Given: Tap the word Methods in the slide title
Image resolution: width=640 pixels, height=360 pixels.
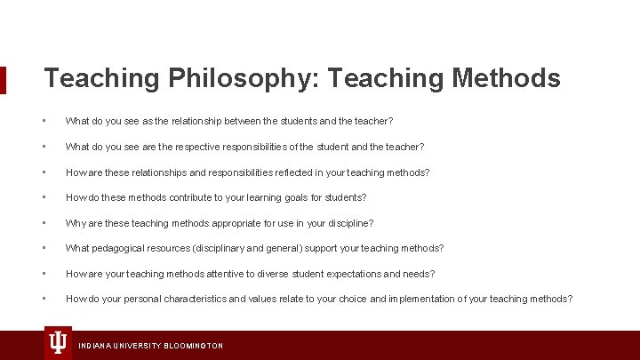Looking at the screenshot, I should tap(507, 78).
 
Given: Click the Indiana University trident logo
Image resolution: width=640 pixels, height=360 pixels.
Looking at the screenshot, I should tap(58, 342).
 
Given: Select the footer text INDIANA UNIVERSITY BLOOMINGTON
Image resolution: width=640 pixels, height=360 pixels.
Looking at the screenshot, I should tap(151, 345).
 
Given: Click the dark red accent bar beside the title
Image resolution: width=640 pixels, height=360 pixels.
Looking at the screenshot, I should tap(3, 79).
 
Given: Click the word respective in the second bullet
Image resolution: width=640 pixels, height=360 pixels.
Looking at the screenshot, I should tap(203, 146).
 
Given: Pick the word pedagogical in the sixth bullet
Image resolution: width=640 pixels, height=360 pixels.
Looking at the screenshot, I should tap(124, 248).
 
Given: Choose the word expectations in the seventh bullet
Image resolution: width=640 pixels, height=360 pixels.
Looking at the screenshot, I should tap(344, 274).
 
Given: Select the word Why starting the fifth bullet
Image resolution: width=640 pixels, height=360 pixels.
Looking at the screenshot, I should tap(76, 223).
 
